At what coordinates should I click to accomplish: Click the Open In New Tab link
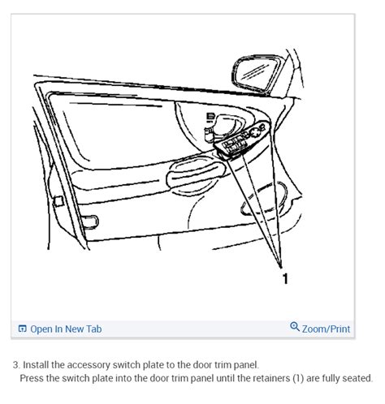[66, 329]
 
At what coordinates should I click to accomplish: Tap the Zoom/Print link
[326, 329]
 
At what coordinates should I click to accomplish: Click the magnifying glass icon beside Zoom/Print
[295, 327]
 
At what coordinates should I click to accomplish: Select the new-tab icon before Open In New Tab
[22, 329]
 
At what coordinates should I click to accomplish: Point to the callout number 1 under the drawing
[285, 278]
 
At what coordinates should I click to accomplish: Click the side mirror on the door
[257, 74]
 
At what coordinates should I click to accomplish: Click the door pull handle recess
[196, 176]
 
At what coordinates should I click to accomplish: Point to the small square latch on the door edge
[58, 201]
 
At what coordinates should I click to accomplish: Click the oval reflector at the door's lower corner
[90, 221]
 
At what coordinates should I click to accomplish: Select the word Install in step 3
[36, 365]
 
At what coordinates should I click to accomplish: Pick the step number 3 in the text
[16, 365]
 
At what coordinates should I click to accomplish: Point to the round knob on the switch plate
[255, 132]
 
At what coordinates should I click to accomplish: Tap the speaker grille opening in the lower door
[264, 200]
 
